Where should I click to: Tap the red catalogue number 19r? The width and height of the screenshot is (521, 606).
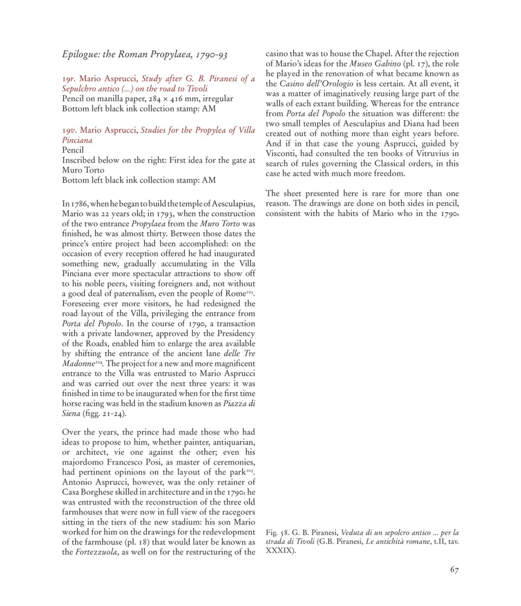(x=69, y=79)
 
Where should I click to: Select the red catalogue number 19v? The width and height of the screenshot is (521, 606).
(x=69, y=130)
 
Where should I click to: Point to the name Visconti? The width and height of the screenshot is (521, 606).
(x=281, y=154)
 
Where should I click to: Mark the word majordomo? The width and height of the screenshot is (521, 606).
(x=84, y=461)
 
